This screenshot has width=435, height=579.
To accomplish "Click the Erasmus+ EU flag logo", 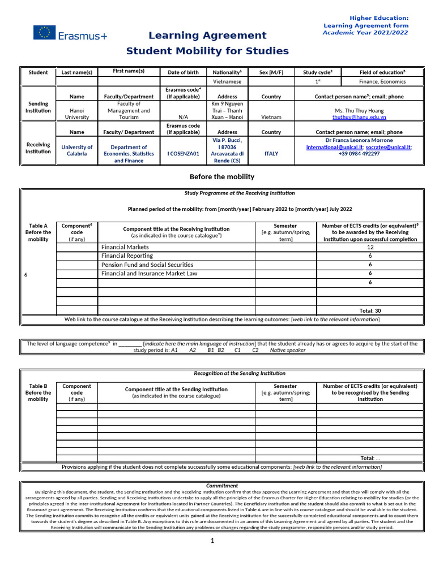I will (x=44, y=33).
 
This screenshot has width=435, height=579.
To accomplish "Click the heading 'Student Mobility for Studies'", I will (x=207, y=51).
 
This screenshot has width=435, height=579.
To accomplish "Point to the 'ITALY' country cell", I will (x=271, y=154).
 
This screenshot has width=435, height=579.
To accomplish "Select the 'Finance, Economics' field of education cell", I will (x=374, y=81).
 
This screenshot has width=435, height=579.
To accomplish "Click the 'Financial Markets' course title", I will (x=125, y=247).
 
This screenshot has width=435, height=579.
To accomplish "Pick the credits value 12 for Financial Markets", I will (x=370, y=247).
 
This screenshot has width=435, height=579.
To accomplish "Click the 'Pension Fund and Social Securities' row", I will (x=147, y=265).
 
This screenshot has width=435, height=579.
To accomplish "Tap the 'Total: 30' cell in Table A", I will (x=370, y=310).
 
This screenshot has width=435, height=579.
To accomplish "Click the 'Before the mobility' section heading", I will (x=221, y=177).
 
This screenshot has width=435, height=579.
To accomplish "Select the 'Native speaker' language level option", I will (x=287, y=350).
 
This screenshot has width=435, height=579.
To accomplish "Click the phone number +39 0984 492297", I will (x=359, y=154).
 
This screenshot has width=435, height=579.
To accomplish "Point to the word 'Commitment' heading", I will (x=221, y=486).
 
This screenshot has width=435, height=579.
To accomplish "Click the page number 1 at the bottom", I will (x=212, y=541).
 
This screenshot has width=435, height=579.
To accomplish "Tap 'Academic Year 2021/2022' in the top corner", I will (x=365, y=33).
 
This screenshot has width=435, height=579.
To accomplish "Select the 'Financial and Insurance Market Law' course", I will (x=149, y=274).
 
